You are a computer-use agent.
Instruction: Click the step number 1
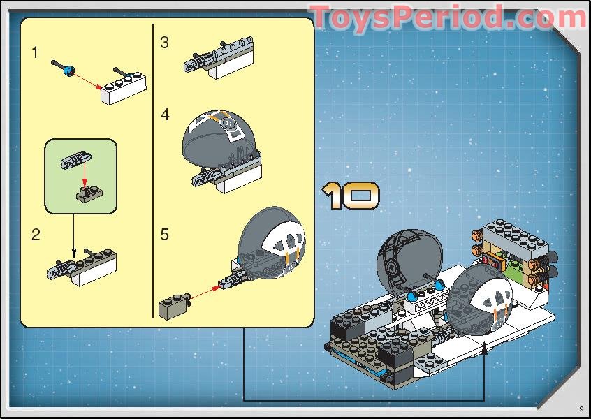pos(36,52)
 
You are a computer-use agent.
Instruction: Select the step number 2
pos(36,235)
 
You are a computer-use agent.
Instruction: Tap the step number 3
pos(164,43)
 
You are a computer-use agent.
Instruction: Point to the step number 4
pos(165,115)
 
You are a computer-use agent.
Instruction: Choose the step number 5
pos(164,235)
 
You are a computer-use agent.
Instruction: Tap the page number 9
pos(581,409)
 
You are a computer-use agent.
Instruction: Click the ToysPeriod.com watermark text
pos(448,17)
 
